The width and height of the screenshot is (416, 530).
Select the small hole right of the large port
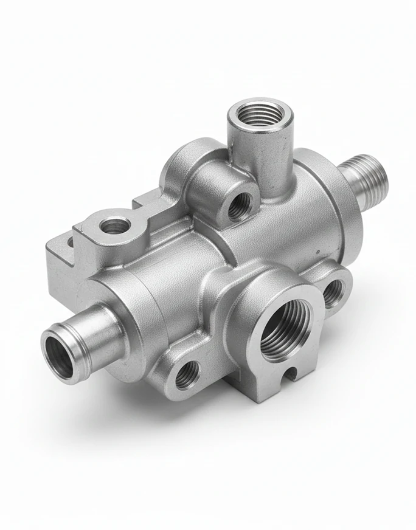pos(333,292)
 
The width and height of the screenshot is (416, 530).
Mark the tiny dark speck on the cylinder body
pos(316,251)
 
